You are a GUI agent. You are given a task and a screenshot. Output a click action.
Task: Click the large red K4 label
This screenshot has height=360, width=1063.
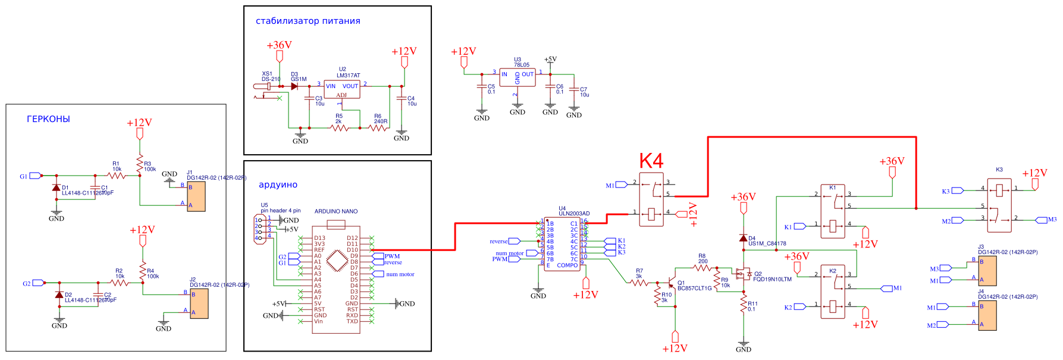[651, 161]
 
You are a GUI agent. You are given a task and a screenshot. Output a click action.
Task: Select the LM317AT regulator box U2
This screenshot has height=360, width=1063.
[342, 89]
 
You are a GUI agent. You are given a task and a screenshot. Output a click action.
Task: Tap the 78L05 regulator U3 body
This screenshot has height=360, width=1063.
[517, 77]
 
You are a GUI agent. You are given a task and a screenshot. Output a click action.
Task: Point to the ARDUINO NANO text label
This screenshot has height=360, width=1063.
[336, 211]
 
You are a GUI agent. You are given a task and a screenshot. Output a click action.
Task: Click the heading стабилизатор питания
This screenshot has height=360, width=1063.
[308, 21]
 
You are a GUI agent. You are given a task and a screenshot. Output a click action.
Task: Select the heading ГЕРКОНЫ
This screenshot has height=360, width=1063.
[48, 119]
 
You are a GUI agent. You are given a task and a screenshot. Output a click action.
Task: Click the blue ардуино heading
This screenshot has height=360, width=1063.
[278, 185]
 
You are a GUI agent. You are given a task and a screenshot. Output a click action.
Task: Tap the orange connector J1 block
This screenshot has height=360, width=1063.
[196, 196]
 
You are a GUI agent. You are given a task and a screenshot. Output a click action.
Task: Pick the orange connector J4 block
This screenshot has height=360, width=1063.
[987, 315]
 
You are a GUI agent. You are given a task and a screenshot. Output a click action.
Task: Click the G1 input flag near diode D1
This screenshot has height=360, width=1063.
[35, 176]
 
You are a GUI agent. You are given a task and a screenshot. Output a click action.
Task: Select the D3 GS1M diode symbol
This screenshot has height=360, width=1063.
[294, 86]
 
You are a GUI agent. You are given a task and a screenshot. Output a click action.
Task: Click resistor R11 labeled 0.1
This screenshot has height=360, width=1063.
[744, 305]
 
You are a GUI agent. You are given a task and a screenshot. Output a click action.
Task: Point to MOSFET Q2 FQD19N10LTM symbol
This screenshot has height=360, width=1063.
[742, 274]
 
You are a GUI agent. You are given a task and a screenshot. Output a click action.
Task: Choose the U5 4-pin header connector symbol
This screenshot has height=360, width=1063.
[259, 229]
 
